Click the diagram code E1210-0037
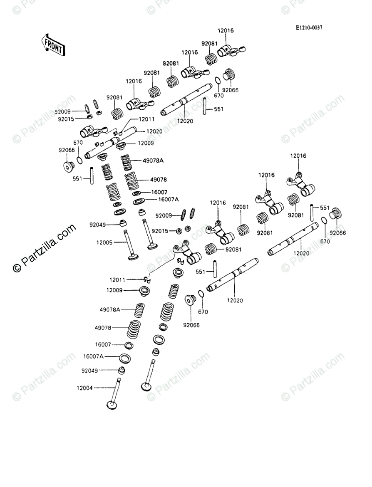tap(309, 28)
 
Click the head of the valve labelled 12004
tap(112, 405)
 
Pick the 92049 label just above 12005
tap(97, 225)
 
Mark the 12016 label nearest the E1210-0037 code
tap(226, 31)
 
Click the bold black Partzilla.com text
tap(45, 248)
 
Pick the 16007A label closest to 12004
tap(93, 356)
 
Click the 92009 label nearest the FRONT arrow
tap(62, 111)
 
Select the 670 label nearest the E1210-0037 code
tap(218, 95)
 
